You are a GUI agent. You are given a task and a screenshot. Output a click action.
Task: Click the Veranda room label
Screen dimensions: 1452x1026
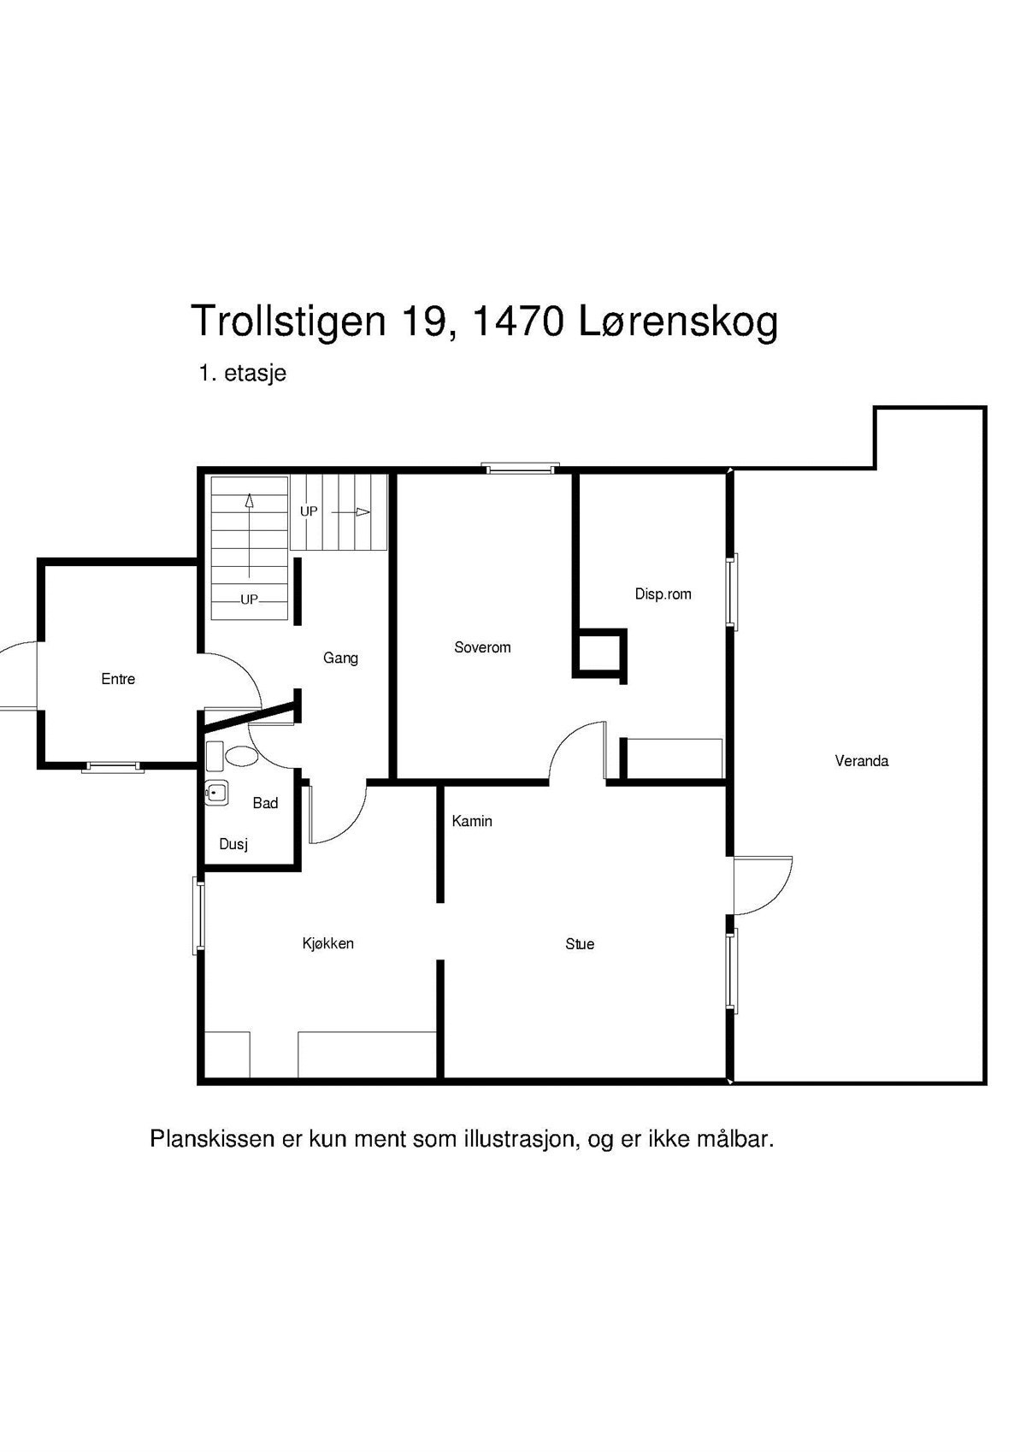861,760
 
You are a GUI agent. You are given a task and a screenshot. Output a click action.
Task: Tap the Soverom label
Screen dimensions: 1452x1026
482,647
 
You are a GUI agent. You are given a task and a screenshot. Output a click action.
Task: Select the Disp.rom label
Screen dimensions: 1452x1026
663,593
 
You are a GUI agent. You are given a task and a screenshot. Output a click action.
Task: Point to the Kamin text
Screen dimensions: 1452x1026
472,821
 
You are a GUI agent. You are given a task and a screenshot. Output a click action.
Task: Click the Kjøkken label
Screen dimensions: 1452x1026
327,943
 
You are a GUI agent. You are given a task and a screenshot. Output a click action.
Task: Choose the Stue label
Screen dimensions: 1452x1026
579,944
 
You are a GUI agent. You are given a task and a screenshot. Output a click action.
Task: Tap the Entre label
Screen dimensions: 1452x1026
118,679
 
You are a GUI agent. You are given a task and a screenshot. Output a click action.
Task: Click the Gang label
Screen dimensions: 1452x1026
340,658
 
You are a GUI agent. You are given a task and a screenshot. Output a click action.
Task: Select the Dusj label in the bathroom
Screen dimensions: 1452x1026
233,844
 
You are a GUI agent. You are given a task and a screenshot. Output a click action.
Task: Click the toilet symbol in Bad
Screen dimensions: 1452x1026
241,756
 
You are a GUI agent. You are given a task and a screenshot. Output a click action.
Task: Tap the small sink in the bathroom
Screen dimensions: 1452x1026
216,794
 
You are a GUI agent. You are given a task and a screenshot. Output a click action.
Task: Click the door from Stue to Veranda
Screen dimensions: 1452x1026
763,885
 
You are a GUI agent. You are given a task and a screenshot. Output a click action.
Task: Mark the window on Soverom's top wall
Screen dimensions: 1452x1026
520,468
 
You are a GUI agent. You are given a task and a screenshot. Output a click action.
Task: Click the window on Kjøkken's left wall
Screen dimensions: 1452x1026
198,914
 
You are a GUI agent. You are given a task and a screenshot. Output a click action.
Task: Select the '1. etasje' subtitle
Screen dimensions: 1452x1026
242,374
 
